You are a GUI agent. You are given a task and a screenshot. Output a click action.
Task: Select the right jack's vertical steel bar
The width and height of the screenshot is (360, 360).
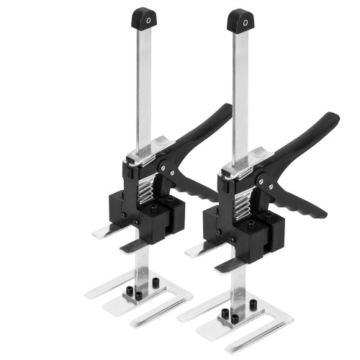[240, 94]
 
